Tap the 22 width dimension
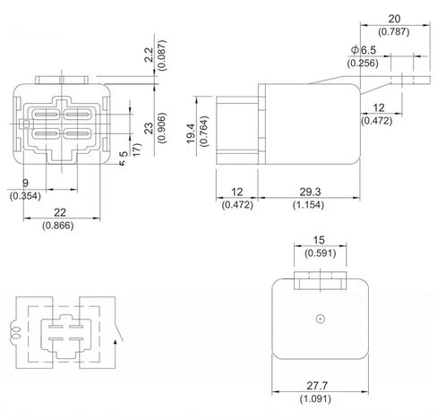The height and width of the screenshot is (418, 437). tap(59, 213)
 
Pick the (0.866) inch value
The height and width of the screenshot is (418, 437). tap(59, 226)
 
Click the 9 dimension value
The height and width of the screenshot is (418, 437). tap(24, 183)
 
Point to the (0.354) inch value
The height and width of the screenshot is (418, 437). tap(24, 196)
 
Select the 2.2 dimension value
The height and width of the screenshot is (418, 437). tap(149, 56)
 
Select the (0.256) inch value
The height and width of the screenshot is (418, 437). tap(363, 64)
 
